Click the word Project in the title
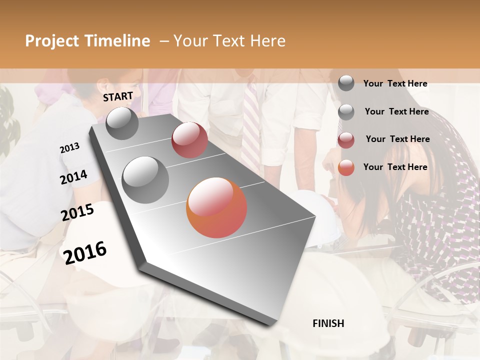[51, 41]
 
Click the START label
[118, 96]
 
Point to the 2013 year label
[69, 147]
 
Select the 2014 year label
[73, 177]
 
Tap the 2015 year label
[77, 212]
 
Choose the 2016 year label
[85, 252]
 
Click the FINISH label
[328, 323]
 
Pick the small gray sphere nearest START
[122, 123]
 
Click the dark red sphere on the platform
[189, 140]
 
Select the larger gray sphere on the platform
[145, 179]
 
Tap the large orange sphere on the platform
[216, 207]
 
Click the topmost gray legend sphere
[346, 83]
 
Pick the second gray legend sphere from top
[346, 112]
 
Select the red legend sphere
[346, 140]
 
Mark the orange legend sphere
[346, 167]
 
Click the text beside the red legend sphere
[397, 139]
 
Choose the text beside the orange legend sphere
[395, 167]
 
